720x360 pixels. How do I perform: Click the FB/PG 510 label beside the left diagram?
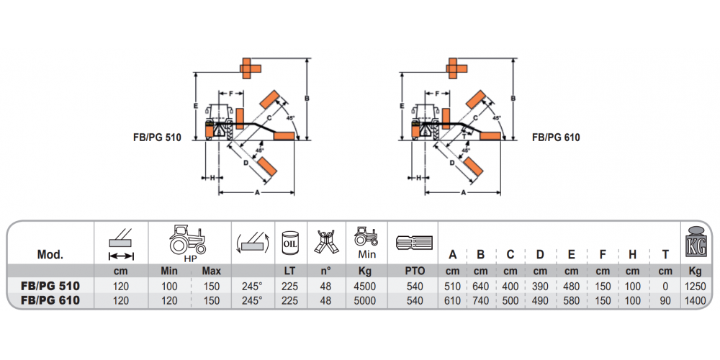click(153, 137)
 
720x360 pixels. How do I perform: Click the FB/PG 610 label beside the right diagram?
click(556, 137)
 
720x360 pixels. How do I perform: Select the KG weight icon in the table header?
click(695, 240)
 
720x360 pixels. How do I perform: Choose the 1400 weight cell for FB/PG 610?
click(695, 300)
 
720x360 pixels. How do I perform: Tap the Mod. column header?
click(50, 255)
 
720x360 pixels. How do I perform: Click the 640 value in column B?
click(480, 287)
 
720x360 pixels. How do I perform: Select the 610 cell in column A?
click(452, 300)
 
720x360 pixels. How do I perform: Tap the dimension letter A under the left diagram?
click(258, 193)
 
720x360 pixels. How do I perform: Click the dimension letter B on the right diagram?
click(513, 97)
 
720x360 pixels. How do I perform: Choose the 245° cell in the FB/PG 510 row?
click(252, 287)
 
